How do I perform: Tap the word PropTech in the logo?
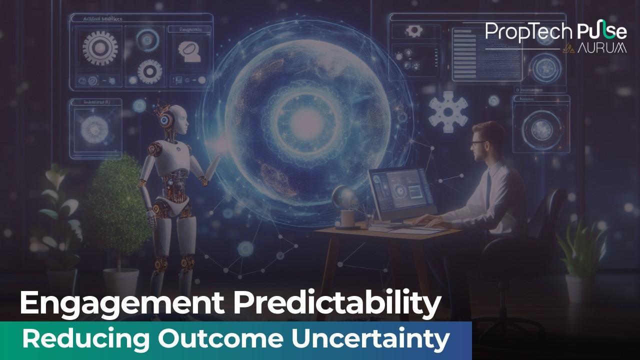tap(528, 31)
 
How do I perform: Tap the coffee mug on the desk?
tap(347, 218)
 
